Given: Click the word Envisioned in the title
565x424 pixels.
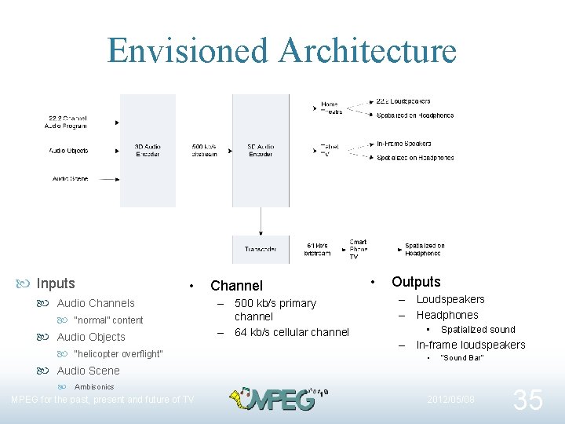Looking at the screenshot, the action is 188,50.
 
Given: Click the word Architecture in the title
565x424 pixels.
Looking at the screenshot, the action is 367,50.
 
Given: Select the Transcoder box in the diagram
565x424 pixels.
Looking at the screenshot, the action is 260,250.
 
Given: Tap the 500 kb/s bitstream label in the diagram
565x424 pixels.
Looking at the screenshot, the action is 204,150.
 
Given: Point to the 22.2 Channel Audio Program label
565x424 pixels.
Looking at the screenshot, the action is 67,122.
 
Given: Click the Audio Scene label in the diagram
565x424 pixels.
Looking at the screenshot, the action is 71,179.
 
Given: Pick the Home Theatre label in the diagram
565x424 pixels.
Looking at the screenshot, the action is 331,108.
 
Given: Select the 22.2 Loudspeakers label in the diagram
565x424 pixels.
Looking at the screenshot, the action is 403,101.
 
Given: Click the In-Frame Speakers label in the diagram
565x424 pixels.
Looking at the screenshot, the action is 403,144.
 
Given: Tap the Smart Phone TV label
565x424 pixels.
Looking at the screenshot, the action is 358,250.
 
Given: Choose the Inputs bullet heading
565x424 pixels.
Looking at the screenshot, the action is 56,283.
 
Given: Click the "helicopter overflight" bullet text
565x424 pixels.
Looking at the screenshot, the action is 118,354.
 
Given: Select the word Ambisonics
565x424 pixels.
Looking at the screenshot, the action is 94,387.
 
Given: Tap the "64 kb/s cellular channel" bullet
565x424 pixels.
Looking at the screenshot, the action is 291,332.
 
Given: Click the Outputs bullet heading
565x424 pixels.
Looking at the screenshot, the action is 416,282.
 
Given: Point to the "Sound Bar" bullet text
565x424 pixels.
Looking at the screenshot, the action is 462,358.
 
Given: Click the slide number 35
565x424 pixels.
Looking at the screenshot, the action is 527,400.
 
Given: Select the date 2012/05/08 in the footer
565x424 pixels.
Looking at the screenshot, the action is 450,400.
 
